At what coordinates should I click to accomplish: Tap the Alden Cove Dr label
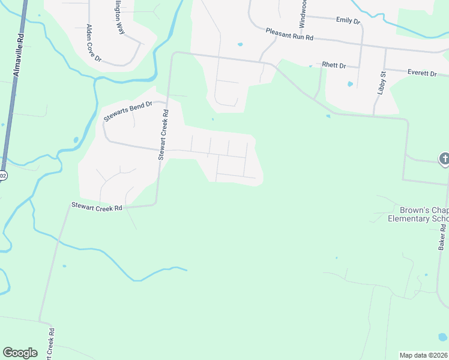click(94, 44)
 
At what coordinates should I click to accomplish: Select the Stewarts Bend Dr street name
click(128, 111)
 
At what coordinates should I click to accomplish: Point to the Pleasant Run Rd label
click(290, 37)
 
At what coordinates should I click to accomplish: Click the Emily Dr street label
click(348, 20)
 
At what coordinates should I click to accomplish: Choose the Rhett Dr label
click(334, 65)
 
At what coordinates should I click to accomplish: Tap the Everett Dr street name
click(422, 73)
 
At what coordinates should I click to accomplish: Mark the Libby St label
click(382, 82)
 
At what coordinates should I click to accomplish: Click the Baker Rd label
click(442, 233)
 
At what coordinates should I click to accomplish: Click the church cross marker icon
click(445, 159)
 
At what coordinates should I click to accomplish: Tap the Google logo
click(20, 353)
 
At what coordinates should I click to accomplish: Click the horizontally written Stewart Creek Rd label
click(97, 207)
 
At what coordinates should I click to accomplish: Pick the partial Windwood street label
click(303, 13)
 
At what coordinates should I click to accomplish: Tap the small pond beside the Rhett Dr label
click(350, 84)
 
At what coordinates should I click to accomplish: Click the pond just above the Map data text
click(442, 337)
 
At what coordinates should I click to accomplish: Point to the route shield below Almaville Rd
click(2, 175)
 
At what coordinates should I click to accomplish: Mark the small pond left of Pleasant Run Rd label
click(240, 44)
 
